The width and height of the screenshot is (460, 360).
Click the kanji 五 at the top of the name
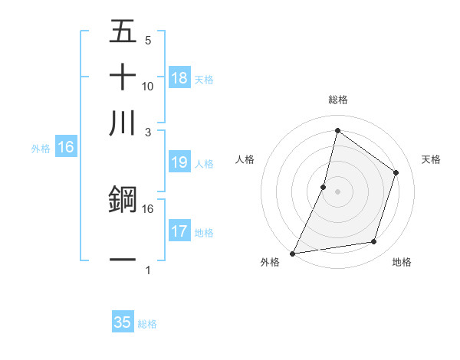(x=123, y=32)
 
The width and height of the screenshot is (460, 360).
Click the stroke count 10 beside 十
(x=148, y=86)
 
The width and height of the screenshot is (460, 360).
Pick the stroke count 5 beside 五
(x=148, y=41)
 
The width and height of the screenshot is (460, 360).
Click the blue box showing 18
(x=179, y=78)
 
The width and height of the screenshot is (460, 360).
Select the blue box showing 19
(x=179, y=162)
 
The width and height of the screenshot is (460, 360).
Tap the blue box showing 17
(x=179, y=232)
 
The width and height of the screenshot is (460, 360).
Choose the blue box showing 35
(x=123, y=322)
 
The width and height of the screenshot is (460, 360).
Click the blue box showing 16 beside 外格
(x=66, y=148)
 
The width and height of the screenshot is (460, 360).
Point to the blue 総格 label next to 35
(x=148, y=324)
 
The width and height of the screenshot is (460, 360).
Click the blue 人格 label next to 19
(x=205, y=164)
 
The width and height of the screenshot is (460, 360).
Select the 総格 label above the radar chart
(x=338, y=100)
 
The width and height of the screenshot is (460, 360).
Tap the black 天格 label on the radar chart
(x=432, y=159)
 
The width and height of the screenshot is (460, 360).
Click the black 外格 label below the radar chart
(x=269, y=263)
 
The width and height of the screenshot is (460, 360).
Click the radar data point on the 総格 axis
(x=337, y=130)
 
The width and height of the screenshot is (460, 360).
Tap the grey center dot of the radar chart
(x=337, y=191)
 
